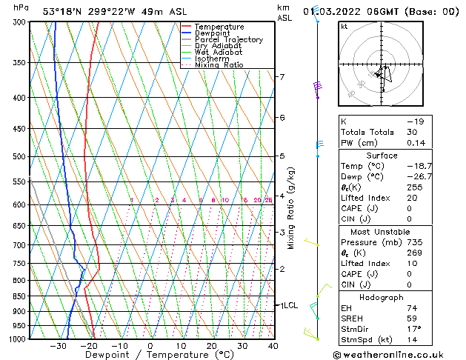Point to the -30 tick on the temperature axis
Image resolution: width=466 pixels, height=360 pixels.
tap(58, 346)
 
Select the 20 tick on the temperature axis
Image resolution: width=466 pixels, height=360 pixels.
tap(211, 346)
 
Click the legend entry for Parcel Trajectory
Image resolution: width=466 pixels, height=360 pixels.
tap(228, 39)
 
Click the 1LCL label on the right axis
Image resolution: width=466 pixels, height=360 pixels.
tap(287, 305)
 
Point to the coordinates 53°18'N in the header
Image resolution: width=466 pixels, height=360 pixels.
tap(64, 10)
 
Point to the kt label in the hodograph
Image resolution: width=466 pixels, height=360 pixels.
tap(344, 27)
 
